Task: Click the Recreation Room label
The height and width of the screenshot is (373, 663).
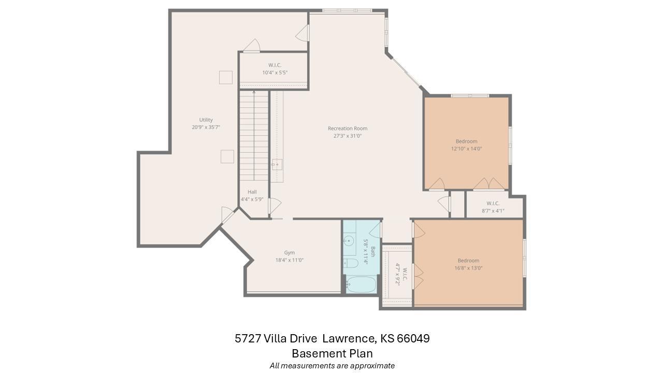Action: coord(348,128)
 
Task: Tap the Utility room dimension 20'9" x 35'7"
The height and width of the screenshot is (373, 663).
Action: coord(206,127)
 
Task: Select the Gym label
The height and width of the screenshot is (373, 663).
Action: coord(290,253)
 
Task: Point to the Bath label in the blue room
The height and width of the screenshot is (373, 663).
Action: coord(373,252)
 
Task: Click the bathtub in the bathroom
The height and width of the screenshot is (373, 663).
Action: coord(361,284)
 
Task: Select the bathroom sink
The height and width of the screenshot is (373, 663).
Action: coord(349,241)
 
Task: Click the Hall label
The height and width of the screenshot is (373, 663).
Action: coord(252,192)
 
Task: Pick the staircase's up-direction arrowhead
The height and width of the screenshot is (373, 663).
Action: coord(254,92)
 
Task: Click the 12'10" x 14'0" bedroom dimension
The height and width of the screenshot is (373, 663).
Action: coord(467,149)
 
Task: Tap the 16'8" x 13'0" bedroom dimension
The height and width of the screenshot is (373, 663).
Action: coord(469,268)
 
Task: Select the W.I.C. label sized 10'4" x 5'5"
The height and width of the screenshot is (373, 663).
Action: coord(275,65)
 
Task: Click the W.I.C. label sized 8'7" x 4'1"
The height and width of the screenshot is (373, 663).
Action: coord(493,204)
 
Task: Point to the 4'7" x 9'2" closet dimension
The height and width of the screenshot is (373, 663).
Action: coord(398,274)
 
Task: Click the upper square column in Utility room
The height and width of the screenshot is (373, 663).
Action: coord(226,77)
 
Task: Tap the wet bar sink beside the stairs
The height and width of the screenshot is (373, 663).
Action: coord(277,165)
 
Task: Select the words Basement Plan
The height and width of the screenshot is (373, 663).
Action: coord(332,353)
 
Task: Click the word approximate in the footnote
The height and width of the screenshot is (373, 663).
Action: coord(372,366)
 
